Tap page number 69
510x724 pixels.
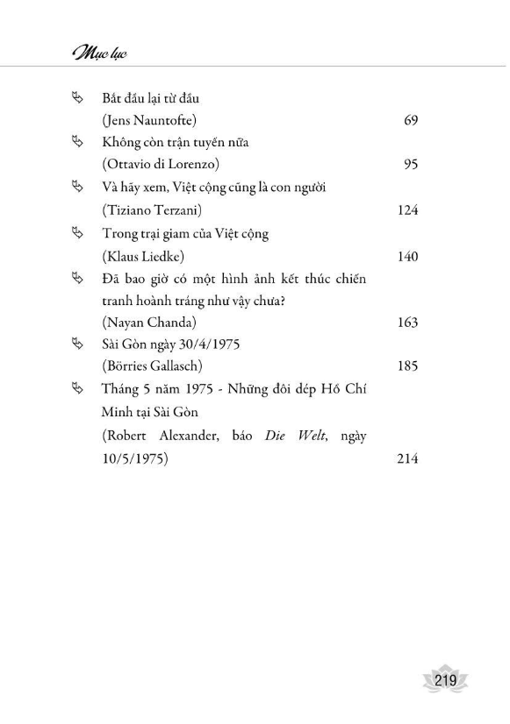click(410, 120)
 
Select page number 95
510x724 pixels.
click(410, 166)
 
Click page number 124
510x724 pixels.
click(406, 211)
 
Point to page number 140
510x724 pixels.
click(406, 257)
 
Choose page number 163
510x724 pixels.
click(406, 322)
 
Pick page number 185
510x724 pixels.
click(406, 367)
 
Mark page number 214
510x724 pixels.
click(406, 458)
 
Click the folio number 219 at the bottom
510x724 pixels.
click(444, 680)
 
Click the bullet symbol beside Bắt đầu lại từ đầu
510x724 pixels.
click(75, 97)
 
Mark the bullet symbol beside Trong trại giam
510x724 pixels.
click(75, 234)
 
